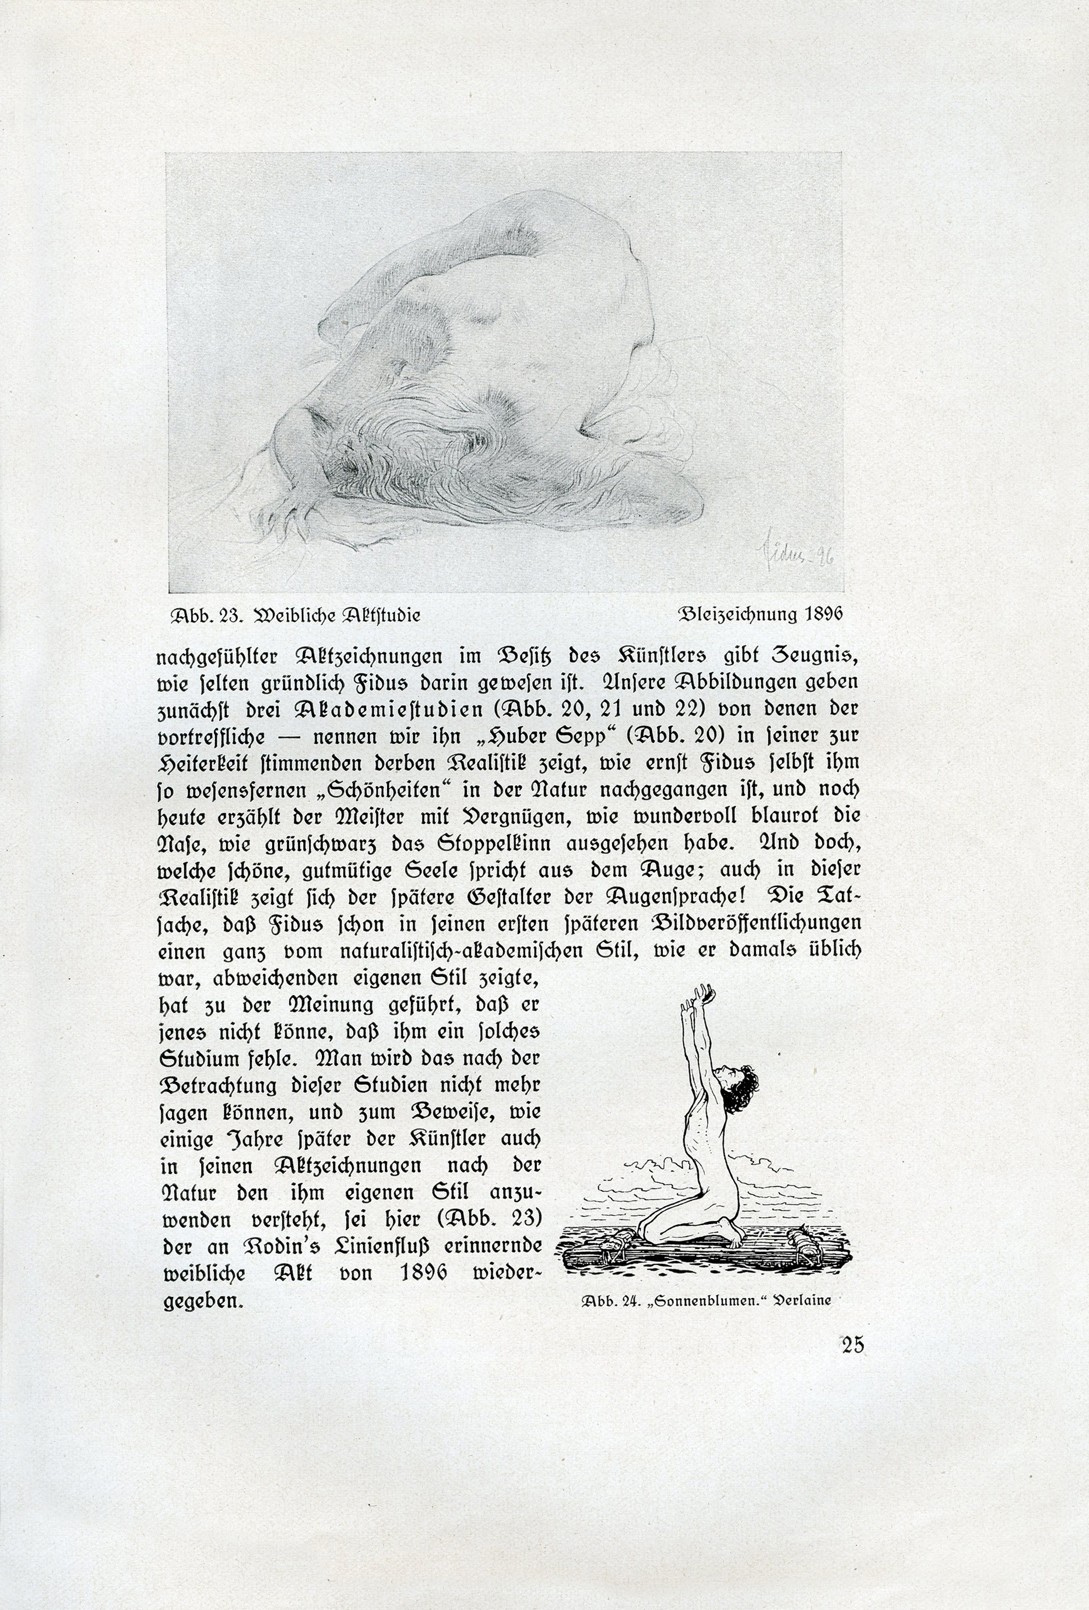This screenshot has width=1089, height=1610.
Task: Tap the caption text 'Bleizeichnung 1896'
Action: tap(760, 614)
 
